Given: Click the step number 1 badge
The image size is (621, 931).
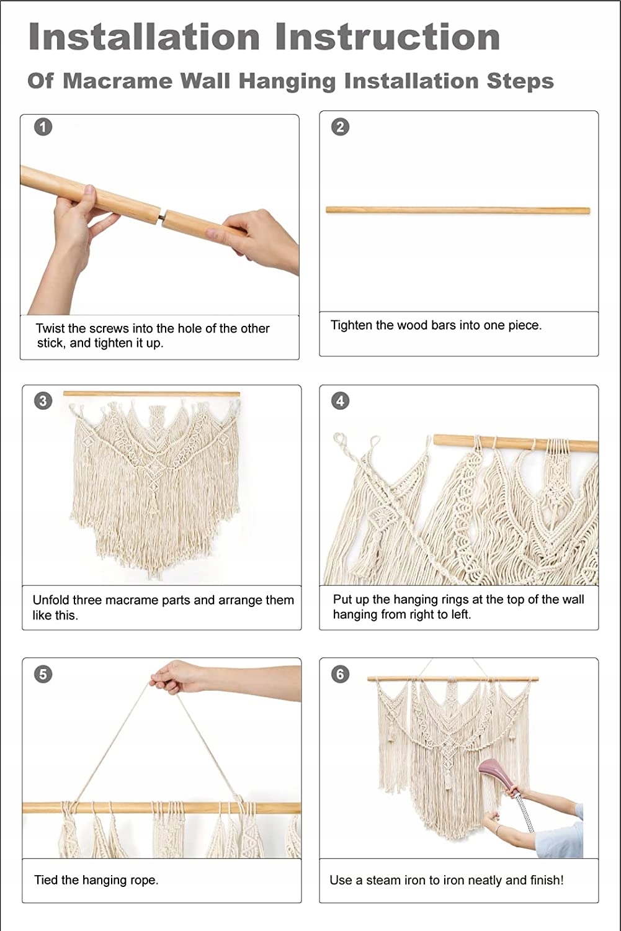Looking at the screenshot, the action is pos(43,127).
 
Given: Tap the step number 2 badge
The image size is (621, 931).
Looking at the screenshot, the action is pos(340,127).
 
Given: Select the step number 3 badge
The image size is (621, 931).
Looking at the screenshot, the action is pos(43,401).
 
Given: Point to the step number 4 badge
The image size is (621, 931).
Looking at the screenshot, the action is pos(340,401).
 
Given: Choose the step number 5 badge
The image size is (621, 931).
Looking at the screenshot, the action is pos(43,674).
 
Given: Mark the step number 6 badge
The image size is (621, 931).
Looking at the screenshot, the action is pos(340,674).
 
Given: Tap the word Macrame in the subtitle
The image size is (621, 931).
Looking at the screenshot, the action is pos(117,81).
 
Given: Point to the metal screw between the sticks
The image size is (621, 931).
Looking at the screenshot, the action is pos(163,216).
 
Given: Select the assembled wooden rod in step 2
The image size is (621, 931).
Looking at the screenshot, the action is pos(458,210).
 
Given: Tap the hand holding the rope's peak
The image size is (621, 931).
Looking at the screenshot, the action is pos(177,677).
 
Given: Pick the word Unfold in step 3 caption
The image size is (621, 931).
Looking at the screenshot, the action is pos(51,600).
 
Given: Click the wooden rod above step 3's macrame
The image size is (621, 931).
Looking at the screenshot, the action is pos(151,394).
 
